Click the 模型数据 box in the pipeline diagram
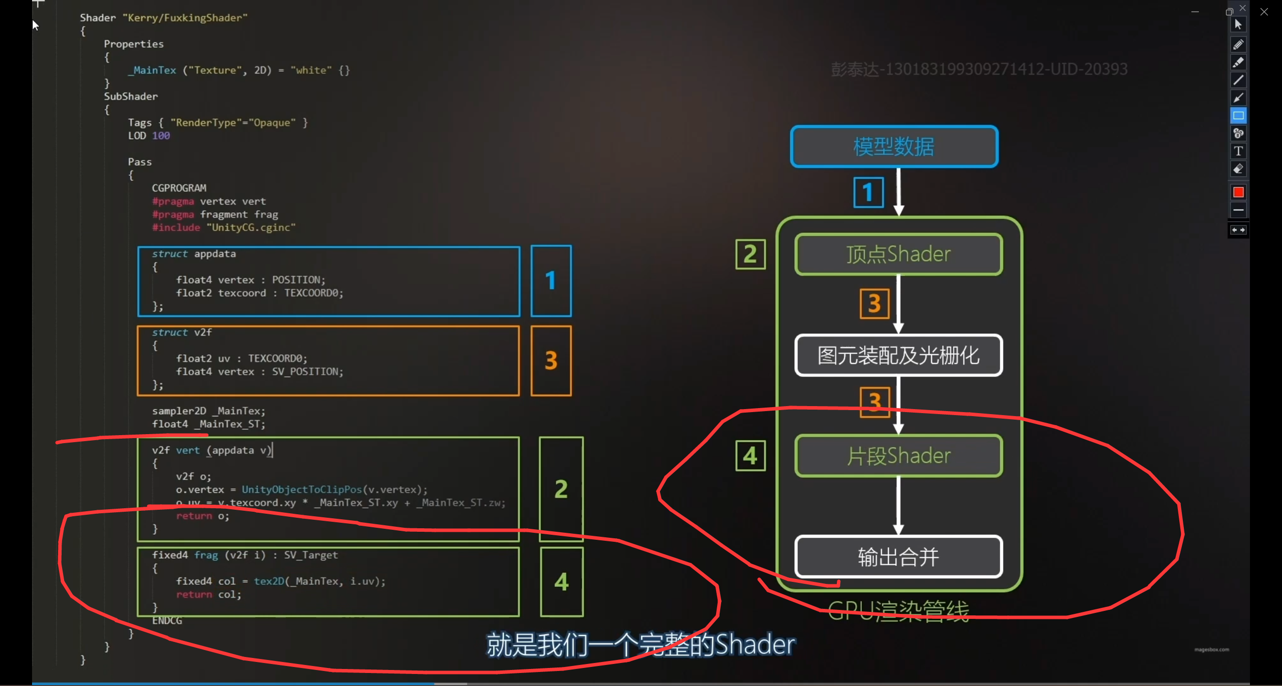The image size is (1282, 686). click(894, 146)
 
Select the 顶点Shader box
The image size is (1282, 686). click(898, 254)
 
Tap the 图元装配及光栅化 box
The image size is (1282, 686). click(898, 356)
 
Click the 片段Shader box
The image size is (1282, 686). click(898, 456)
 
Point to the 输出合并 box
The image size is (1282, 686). click(898, 557)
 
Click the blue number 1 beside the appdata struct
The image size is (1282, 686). click(551, 281)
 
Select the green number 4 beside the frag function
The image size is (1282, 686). click(561, 582)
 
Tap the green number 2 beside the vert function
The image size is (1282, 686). click(561, 489)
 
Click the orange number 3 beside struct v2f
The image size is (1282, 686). click(551, 361)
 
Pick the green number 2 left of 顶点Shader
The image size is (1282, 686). click(750, 254)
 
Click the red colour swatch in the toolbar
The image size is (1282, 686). click(1238, 192)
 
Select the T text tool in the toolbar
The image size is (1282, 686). click(1238, 151)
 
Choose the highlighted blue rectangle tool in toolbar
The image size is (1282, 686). click(1238, 116)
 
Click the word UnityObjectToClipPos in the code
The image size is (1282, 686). click(301, 490)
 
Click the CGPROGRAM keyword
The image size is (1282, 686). click(179, 188)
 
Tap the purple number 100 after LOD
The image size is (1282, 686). click(161, 136)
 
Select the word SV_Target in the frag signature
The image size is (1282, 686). click(311, 555)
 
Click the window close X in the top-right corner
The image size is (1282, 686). click(1264, 12)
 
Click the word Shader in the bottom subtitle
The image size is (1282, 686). click(755, 644)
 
